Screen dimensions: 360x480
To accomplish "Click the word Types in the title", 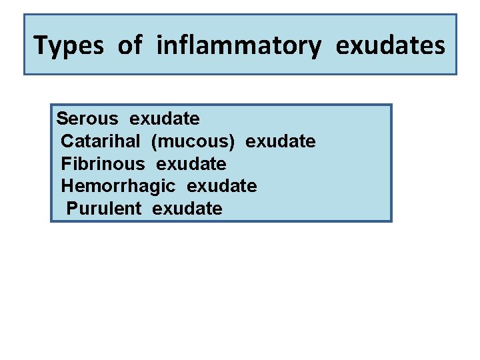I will coord(69,46).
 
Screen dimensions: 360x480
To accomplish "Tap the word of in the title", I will coord(130,45).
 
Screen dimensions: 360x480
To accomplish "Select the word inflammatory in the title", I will coord(239,45).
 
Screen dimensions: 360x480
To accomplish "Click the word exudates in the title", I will coord(390,45).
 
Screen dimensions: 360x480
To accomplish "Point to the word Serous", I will coord(87,119).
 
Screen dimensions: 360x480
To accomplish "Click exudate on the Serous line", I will coord(164,119).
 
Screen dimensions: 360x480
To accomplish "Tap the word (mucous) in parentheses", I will coord(193,142).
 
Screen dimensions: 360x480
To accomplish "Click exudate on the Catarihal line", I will coord(281,141).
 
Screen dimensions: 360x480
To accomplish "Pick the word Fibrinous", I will coord(103,164).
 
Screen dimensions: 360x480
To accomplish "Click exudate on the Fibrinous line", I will coord(191,164).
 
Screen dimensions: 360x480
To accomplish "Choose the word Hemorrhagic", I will coord(118,186).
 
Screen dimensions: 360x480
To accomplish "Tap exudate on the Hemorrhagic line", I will coord(221,186).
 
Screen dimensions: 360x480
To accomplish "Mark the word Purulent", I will coord(103,209).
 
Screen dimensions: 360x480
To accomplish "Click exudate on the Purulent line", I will coord(187,209).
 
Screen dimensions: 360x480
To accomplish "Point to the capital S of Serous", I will coord(62,119).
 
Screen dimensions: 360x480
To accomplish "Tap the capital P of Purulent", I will coord(72,209).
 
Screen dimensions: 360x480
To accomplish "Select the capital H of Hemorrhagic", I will coord(67,186).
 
